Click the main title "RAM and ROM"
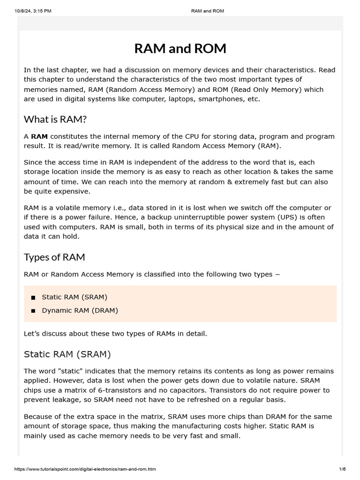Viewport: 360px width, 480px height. (180, 48)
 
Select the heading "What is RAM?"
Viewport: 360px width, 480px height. (55, 119)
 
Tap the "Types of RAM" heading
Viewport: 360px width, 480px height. (54, 257)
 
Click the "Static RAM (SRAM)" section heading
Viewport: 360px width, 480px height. (67, 354)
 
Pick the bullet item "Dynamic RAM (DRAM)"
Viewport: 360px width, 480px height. (80, 310)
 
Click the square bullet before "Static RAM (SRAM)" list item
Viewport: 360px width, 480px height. (33, 297)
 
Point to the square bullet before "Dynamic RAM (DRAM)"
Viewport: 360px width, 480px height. (33, 311)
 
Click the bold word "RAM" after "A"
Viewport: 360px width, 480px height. (39, 136)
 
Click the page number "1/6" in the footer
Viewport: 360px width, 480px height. (342, 469)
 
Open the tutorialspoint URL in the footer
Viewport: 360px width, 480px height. (85, 469)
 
